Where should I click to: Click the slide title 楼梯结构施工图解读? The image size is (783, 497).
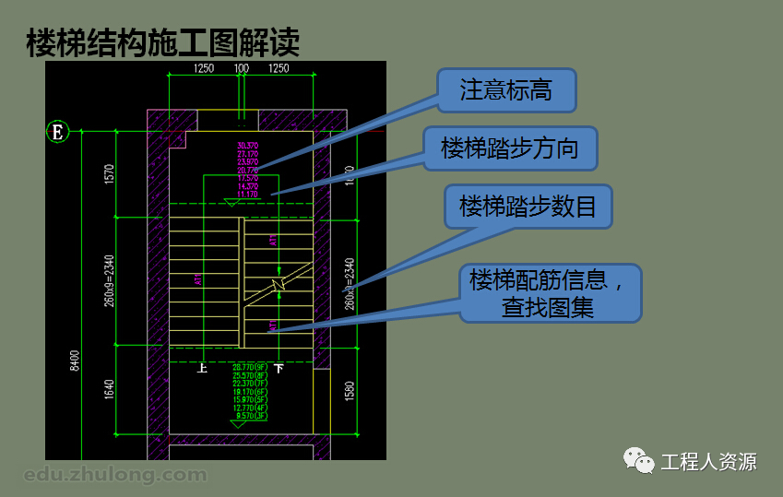click(163, 43)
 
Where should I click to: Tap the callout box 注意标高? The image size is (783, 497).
click(506, 91)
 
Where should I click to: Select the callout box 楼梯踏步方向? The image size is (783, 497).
click(510, 148)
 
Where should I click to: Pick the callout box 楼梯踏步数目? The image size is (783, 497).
click(528, 207)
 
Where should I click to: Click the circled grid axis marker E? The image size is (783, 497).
click(58, 132)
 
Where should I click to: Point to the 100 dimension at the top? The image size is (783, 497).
click(242, 68)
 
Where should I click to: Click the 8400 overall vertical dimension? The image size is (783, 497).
click(75, 361)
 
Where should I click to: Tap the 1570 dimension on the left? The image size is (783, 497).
click(109, 173)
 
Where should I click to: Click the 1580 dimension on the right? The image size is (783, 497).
click(350, 391)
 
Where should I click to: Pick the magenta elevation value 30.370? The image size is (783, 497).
click(247, 146)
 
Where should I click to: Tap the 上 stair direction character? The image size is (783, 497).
click(202, 368)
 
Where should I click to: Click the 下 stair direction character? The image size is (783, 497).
click(279, 368)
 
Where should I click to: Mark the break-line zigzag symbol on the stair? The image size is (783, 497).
click(277, 284)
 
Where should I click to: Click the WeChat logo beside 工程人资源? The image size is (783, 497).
click(637, 460)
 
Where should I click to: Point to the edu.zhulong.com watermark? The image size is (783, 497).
click(115, 475)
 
